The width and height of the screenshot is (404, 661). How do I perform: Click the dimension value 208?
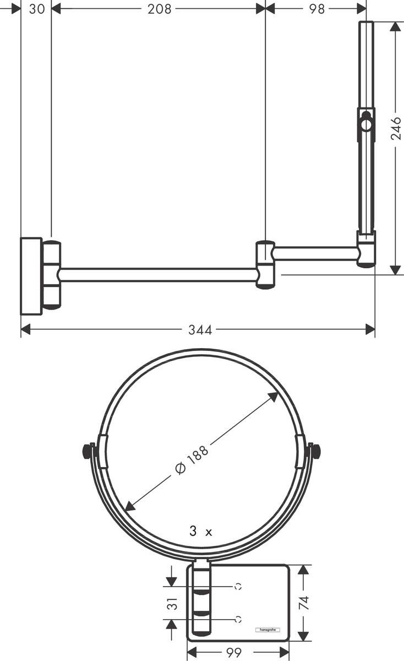point(159,9)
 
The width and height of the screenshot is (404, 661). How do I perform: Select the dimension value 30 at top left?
point(36,9)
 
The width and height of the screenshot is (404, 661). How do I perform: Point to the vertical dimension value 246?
point(396,128)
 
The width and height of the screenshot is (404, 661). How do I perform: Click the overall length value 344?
point(200,330)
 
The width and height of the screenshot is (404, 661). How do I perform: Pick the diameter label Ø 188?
point(192,459)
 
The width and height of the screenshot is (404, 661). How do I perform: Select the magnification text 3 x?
point(200,532)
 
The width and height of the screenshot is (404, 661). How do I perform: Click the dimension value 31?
point(173,604)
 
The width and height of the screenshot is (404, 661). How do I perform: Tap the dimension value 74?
point(304,602)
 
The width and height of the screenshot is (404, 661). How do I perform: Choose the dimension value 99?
point(234,653)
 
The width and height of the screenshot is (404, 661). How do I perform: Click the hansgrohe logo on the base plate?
point(267,630)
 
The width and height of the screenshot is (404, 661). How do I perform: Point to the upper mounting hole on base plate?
point(238,587)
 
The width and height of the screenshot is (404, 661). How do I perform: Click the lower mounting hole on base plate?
point(238,619)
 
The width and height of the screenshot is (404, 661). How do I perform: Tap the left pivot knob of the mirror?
point(86,451)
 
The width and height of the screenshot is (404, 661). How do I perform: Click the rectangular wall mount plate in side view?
point(31,276)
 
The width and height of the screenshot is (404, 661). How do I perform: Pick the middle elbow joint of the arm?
point(265,264)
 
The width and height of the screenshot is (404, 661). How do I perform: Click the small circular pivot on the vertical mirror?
point(366,124)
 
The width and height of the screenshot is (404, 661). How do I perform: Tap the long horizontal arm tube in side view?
point(158,275)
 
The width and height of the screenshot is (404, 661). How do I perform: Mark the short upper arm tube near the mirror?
point(315,253)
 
